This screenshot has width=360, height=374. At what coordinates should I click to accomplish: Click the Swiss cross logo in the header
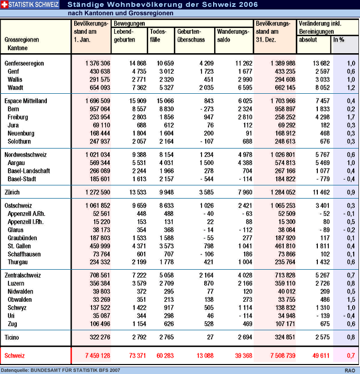[4, 4]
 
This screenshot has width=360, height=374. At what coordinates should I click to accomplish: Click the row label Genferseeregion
[24, 63]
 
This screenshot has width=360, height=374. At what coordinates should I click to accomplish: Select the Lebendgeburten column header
[124, 35]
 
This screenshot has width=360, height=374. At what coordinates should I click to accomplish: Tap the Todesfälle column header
[158, 35]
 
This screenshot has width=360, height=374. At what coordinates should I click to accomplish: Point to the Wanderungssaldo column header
[233, 35]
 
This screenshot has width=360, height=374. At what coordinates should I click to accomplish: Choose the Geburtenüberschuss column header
[191, 35]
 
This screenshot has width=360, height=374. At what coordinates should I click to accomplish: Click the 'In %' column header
[338, 40]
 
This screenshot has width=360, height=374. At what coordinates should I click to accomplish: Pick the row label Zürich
[12, 192]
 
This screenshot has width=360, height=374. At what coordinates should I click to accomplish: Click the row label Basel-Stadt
[22, 179]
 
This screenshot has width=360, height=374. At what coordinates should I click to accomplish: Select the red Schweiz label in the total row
[15, 356]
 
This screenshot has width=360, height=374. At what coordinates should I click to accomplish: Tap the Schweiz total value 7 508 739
[283, 356]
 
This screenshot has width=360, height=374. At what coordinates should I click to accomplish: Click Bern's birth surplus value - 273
[207, 109]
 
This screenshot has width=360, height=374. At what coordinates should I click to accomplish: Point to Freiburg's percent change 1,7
[351, 117]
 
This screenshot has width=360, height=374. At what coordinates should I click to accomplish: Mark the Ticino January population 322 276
[100, 337]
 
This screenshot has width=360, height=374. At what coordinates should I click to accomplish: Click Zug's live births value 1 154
[139, 324]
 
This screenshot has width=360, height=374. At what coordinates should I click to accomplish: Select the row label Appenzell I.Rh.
[25, 222]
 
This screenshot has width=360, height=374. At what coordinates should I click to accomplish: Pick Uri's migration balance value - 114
[246, 316]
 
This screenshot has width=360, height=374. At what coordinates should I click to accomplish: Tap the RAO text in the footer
[350, 370]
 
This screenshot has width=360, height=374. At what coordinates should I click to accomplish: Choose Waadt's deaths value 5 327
[166, 88]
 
